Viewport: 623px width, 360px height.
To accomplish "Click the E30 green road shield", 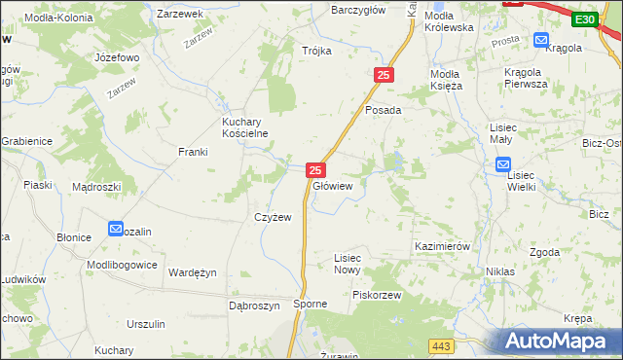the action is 585,19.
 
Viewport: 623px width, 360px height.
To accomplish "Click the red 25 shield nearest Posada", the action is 384,75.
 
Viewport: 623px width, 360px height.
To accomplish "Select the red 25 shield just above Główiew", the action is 314,169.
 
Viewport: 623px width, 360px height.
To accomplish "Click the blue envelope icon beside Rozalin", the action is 115,230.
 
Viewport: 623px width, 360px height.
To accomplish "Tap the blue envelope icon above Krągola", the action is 541,40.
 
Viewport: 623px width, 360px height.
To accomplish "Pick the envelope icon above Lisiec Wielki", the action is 517,165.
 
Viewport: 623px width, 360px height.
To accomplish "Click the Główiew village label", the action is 332,185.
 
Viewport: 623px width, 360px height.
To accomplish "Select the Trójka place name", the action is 316,51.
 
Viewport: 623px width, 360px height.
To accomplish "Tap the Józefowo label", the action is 117,57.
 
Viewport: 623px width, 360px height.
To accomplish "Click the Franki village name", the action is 193,152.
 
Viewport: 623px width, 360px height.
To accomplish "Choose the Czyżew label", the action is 273,217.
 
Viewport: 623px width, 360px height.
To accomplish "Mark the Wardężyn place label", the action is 193,272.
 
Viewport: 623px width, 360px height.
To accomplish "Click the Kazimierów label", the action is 442,247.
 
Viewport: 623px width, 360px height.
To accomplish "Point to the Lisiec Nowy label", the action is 348,264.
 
